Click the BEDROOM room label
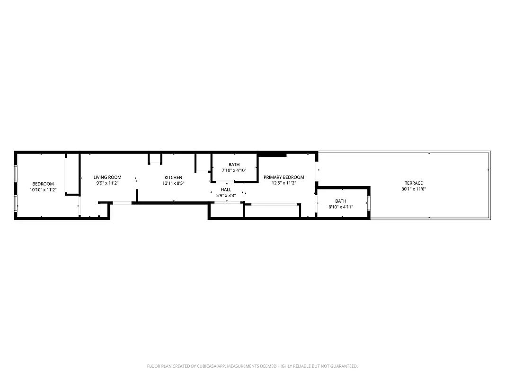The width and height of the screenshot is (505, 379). point(43,184)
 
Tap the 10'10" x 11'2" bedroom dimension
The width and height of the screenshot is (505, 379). point(43,190)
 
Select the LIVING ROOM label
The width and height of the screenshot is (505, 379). point(107,177)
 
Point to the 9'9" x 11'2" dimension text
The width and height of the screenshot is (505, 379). point(107,183)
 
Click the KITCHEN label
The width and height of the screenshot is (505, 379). point(173,178)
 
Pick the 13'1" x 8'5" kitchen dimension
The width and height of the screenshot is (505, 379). point(173,183)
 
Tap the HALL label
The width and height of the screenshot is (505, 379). point(226,189)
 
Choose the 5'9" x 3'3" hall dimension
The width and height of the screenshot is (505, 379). point(226,195)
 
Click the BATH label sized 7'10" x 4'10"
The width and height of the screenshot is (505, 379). point(234,165)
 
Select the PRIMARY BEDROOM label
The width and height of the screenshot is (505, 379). point(284,177)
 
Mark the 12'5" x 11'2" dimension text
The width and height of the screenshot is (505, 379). point(284,183)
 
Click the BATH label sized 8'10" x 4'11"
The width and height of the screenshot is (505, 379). point(341,201)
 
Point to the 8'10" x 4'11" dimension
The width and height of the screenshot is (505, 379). point(341,207)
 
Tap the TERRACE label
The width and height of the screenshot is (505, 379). point(414,183)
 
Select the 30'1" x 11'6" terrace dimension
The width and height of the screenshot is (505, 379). point(414,189)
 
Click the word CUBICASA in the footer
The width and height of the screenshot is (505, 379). point(206,366)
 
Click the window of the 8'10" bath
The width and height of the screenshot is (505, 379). point(369,202)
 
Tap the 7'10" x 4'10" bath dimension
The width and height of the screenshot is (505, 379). point(234,171)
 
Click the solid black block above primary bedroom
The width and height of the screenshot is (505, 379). point(272,154)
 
